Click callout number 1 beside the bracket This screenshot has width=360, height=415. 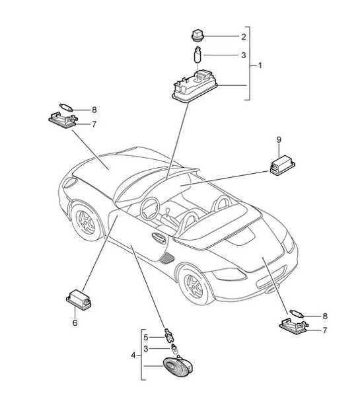click(x=260, y=65)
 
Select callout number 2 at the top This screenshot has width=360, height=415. click(x=225, y=36)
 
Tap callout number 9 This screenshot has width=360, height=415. click(x=279, y=140)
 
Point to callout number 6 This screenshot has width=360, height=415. click(x=75, y=323)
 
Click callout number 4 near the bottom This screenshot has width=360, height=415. click(x=133, y=356)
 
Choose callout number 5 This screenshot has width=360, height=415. click(x=147, y=337)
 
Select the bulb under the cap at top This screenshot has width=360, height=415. click(x=197, y=56)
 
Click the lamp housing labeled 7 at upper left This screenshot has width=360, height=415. click(x=63, y=119)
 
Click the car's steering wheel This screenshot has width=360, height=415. click(x=150, y=211)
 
